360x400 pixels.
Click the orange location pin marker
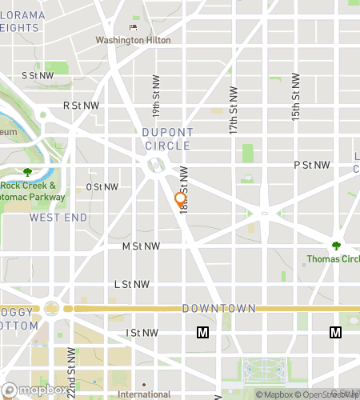pyautogui.click(x=181, y=199)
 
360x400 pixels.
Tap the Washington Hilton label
pyautogui.click(x=126, y=40)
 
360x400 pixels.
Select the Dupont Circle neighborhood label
pyautogui.click(x=168, y=139)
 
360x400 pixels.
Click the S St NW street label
pyautogui.click(x=38, y=75)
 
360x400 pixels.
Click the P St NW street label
pyautogui.click(x=312, y=165)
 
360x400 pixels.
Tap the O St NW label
pyautogui.click(x=102, y=187)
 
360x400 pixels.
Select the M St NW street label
pyautogui.click(x=141, y=247)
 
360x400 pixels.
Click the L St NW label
pyautogui.click(x=132, y=284)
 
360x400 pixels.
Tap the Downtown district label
pyautogui.click(x=218, y=308)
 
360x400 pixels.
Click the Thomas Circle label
pyautogui.click(x=332, y=258)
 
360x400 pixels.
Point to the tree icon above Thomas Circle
pyautogui.click(x=336, y=246)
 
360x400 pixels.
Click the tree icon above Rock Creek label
pyautogui.click(x=28, y=172)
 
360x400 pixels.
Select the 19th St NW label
pyautogui.click(x=156, y=95)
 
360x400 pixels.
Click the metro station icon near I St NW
pyautogui.click(x=203, y=332)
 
